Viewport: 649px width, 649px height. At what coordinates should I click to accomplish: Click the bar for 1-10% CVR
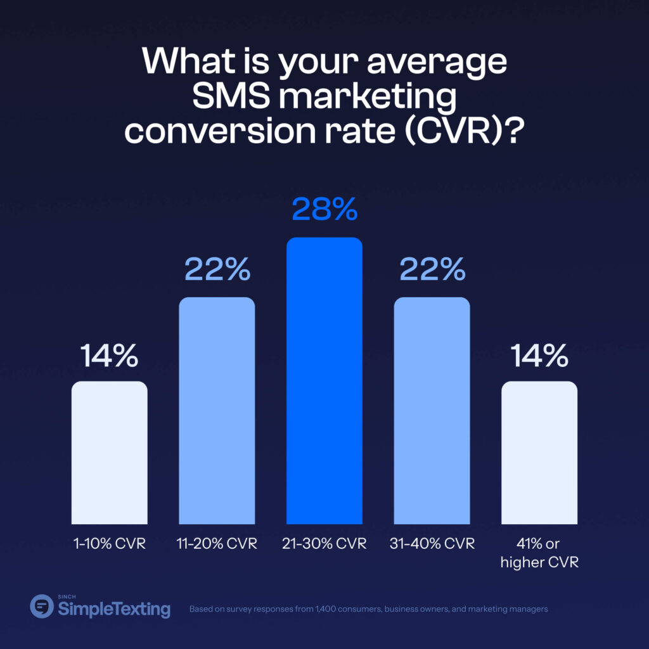109,453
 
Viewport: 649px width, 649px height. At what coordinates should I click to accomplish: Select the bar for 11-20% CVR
217,411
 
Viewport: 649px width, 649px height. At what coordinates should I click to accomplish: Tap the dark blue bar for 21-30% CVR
324,381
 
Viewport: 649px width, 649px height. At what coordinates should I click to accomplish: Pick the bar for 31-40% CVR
432,411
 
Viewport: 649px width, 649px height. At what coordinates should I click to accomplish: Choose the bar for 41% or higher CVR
539,453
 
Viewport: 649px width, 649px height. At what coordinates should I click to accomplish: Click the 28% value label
324,210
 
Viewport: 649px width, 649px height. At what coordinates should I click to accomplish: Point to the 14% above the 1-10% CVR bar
109,356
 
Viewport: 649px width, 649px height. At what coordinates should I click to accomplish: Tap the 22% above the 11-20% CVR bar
217,271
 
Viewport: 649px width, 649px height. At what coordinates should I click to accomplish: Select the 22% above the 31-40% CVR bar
432,271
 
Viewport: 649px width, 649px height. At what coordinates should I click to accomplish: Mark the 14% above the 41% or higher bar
539,356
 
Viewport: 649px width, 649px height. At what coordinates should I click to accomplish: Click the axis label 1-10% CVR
109,544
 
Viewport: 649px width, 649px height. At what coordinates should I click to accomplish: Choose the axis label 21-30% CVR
324,544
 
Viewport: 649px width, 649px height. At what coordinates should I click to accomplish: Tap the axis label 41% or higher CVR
539,553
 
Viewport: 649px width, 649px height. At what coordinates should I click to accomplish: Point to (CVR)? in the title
464,132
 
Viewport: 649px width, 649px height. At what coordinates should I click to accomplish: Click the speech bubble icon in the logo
42,606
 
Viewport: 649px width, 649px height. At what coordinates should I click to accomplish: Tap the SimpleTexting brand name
114,610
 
